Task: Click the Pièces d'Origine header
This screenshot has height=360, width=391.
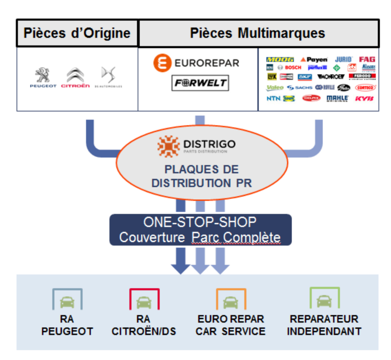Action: pos(77,33)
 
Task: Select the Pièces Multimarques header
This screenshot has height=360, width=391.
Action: pos(258,33)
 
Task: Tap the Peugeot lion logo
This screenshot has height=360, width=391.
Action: pos(43,74)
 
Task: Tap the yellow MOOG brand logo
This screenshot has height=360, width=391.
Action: pos(280,60)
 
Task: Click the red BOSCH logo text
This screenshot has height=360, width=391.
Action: pos(293,68)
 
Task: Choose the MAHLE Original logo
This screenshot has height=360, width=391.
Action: pos(337,99)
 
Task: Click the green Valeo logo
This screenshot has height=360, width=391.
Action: pos(275,88)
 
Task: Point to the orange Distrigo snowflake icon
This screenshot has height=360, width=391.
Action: pos(168,146)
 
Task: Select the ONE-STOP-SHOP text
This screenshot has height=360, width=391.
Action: pos(200,222)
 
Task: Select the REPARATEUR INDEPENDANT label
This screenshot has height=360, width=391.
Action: pos(324,325)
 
